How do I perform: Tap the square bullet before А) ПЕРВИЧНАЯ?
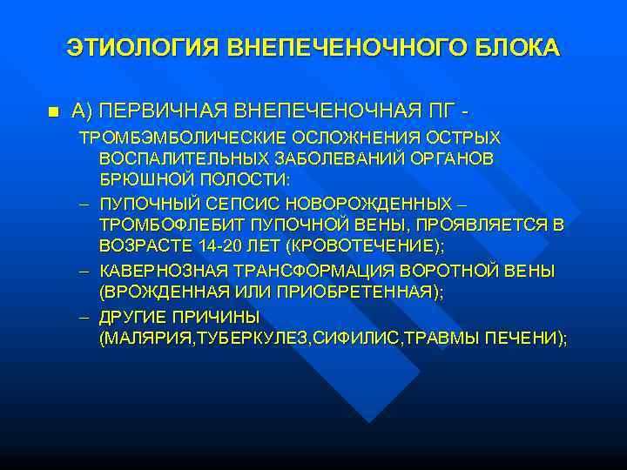click(53, 112)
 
